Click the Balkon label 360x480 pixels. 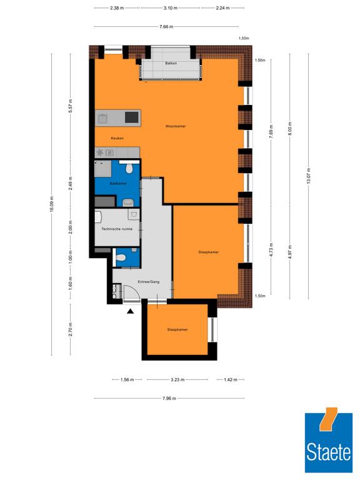[x=171, y=63]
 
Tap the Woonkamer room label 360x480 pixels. [x=176, y=126]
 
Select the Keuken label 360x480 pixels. [x=117, y=138]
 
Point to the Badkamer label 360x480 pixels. [x=118, y=183]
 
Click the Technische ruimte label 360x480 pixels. [x=117, y=229]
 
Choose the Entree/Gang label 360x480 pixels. [x=149, y=282]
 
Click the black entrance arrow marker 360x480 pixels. [x=131, y=312]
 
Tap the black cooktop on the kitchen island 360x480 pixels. [x=132, y=117]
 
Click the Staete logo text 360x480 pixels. [x=329, y=452]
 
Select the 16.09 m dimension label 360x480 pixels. [x=51, y=204]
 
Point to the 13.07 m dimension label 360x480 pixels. [x=309, y=176]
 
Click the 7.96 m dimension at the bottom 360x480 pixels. [x=169, y=398]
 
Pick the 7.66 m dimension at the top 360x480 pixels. [x=166, y=27]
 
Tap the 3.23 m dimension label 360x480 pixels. [x=177, y=379]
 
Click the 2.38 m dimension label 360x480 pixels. [x=117, y=8]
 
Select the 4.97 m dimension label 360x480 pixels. [x=290, y=252]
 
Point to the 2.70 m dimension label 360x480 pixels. [x=71, y=329]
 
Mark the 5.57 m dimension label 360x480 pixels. [x=71, y=106]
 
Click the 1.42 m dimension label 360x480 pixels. [x=231, y=379]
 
